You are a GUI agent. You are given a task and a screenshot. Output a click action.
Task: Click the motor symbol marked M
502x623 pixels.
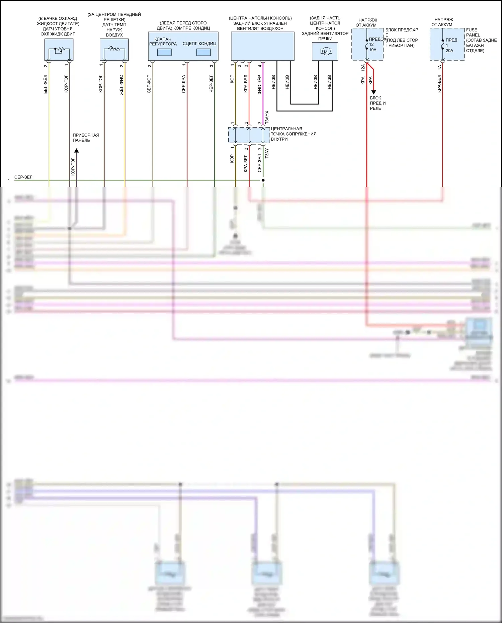click(326, 52)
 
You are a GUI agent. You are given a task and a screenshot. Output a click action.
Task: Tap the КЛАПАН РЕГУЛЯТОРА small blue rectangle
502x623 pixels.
click(164, 52)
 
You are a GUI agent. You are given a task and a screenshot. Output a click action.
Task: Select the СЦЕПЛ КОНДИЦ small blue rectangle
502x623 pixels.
click(203, 52)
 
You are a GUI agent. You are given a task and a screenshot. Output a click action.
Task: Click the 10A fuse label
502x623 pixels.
click(373, 50)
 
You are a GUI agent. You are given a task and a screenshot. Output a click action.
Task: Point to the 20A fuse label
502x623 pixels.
click(449, 51)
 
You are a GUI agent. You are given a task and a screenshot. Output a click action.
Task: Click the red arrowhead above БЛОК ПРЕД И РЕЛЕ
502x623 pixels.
click(374, 92)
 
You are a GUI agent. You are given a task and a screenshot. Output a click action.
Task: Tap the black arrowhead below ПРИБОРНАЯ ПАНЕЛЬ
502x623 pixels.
click(76, 151)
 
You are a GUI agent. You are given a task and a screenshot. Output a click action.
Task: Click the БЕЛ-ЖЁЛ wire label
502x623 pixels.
click(46, 84)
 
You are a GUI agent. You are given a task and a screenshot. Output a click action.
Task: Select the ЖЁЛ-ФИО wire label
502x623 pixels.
click(121, 85)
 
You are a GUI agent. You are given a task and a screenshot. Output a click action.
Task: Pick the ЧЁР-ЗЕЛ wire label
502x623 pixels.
click(211, 83)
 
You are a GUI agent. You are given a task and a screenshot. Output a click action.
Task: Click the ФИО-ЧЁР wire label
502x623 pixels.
click(260, 84)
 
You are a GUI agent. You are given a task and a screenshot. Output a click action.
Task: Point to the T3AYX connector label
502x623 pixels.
click(267, 117)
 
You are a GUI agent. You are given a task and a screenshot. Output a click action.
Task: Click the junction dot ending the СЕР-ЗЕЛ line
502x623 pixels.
click(263, 180)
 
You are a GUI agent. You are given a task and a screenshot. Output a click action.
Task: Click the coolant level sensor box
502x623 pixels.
click(59, 50)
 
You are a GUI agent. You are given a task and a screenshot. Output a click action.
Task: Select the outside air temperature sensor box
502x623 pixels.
click(114, 50)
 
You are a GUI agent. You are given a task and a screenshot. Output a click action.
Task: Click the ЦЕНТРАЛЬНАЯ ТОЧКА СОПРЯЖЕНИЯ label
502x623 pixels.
click(293, 134)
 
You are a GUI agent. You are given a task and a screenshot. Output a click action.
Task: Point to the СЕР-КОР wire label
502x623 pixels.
click(149, 84)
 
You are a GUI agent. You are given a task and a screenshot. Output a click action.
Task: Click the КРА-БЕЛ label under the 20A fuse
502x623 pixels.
click(439, 83)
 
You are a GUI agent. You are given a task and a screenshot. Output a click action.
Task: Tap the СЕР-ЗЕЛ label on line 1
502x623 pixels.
click(23, 177)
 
